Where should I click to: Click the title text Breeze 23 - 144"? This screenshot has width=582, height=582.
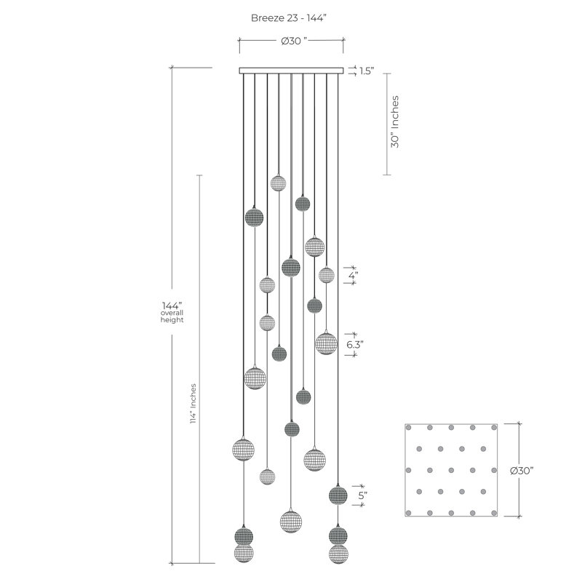click(288, 17)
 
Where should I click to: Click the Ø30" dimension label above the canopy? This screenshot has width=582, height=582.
click(294, 41)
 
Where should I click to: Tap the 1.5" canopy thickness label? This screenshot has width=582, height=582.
click(367, 71)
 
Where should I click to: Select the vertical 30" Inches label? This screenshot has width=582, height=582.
click(394, 121)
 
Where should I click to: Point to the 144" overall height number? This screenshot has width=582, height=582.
click(172, 306)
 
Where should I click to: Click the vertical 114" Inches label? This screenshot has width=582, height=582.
click(193, 404)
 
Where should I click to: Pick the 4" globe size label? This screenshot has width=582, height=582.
click(353, 276)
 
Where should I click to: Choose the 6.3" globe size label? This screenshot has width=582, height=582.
click(355, 344)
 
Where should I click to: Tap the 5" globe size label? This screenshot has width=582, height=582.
click(362, 495)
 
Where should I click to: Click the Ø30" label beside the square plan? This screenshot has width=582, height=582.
click(522, 470)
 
